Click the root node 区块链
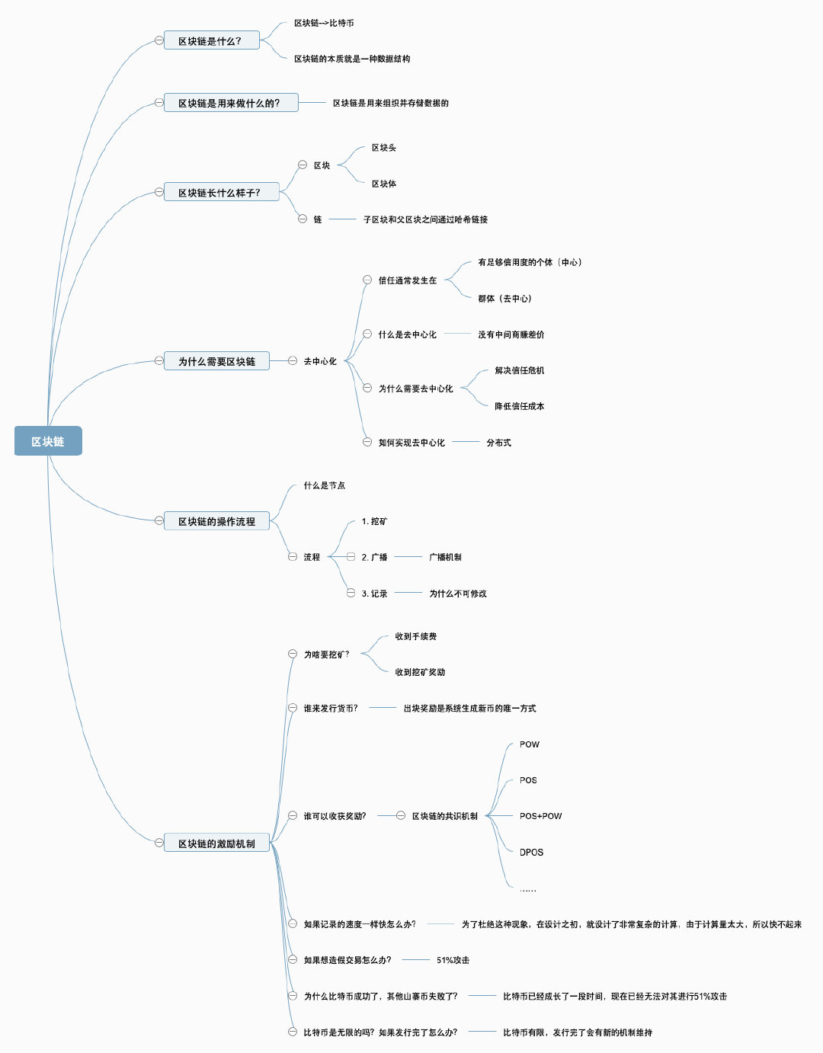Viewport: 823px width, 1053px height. tap(48, 441)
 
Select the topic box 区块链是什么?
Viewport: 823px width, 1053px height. tap(212, 40)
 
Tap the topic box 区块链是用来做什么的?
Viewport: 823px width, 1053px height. tap(231, 103)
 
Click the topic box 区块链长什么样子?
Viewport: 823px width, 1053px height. tap(222, 192)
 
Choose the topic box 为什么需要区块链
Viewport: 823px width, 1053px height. tap(216, 361)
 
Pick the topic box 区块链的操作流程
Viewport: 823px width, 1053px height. tap(216, 521)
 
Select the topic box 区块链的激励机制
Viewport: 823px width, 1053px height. tap(216, 843)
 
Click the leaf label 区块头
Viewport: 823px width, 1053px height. tap(383, 148)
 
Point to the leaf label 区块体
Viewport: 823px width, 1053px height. tap(383, 184)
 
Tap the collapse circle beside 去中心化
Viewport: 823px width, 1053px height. tap(293, 360)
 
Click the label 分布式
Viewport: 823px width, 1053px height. tap(498, 443)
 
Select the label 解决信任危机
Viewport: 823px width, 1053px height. tap(519, 370)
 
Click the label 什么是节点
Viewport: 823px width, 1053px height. tap(324, 485)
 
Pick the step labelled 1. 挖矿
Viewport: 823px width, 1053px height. tap(374, 521)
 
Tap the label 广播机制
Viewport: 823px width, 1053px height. tap(445, 557)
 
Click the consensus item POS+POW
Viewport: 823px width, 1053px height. tap(540, 816)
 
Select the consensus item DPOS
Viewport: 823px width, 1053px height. tap(531, 853)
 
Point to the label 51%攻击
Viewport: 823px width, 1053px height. tap(453, 960)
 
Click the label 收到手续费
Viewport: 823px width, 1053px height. tap(415, 636)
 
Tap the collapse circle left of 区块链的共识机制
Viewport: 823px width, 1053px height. tap(401, 815)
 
